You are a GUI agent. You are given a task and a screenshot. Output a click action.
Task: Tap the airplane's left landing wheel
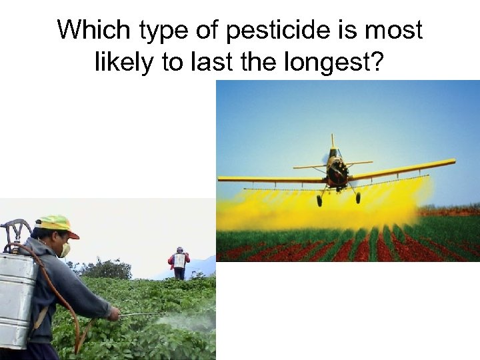coord(319,201)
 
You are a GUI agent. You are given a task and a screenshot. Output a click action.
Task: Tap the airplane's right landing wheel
coord(358,198)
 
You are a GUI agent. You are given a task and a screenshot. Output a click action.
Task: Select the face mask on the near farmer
coord(65,250)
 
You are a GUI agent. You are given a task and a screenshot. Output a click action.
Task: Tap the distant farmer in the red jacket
coord(179,263)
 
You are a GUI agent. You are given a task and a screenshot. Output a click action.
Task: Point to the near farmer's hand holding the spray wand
coord(115,313)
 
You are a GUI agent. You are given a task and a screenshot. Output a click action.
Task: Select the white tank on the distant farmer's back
coord(179,261)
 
